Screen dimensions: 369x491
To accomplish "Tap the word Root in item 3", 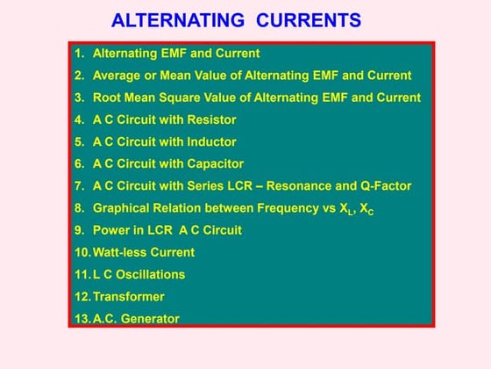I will click(x=107, y=98).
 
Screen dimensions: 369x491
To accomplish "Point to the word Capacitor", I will click(x=214, y=163).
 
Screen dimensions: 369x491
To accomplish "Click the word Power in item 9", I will click(x=110, y=230).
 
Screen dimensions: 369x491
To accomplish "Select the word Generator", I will click(x=150, y=319).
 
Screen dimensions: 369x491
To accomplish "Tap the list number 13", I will click(x=82, y=319).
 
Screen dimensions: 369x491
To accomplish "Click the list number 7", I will click(x=79, y=185).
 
